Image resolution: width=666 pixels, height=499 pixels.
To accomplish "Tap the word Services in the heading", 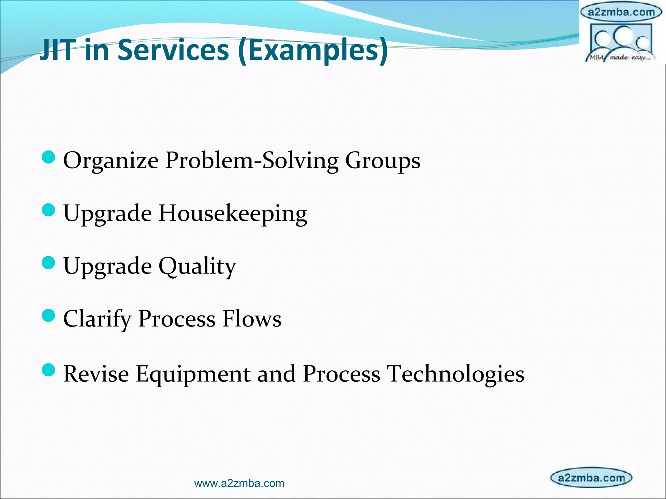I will (x=173, y=50).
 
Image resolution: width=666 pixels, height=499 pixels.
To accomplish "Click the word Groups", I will (x=382, y=161).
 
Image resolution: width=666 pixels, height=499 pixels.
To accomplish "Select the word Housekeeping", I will (x=233, y=214).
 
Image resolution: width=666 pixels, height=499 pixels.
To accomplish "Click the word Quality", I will (x=197, y=267).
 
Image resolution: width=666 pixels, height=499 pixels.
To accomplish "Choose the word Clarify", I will (x=97, y=319).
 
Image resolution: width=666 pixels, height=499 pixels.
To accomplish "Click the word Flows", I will (x=252, y=319).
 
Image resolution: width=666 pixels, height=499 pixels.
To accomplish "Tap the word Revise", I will (x=96, y=374).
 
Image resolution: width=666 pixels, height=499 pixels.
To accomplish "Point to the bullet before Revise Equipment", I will (x=49, y=370).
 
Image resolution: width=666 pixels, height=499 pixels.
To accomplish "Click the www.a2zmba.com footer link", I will (x=239, y=483).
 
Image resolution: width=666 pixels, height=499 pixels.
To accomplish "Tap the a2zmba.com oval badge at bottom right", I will (x=591, y=478).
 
